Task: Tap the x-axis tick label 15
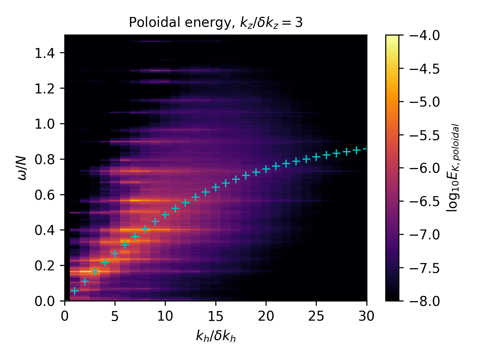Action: [216, 316]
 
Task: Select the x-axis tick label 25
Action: [316, 316]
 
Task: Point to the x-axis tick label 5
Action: [115, 316]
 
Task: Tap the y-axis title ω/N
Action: [22, 168]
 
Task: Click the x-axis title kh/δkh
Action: [216, 337]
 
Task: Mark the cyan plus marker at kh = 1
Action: [75, 291]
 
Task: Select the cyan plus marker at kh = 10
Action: [165, 215]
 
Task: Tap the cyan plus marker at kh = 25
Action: [316, 157]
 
